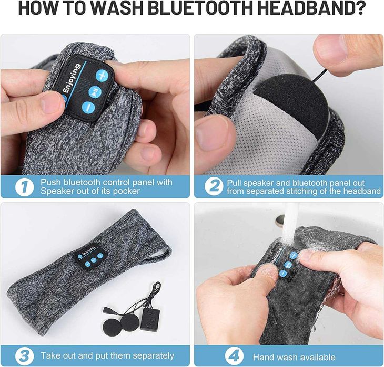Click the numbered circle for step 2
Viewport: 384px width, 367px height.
(213, 186)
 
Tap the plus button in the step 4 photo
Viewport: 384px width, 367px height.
(294, 255)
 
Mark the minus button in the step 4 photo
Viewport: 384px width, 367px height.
(283, 273)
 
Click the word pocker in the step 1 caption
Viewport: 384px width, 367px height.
(125, 191)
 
